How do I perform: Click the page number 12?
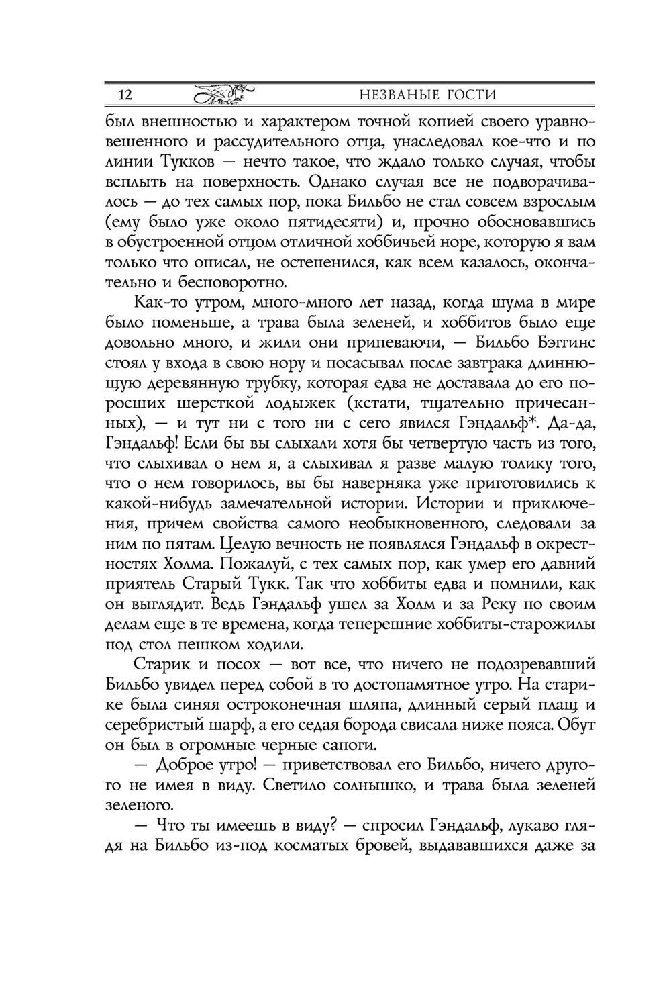(x=125, y=95)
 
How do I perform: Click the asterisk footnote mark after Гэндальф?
(x=541, y=422)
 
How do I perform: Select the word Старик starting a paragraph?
(x=161, y=665)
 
